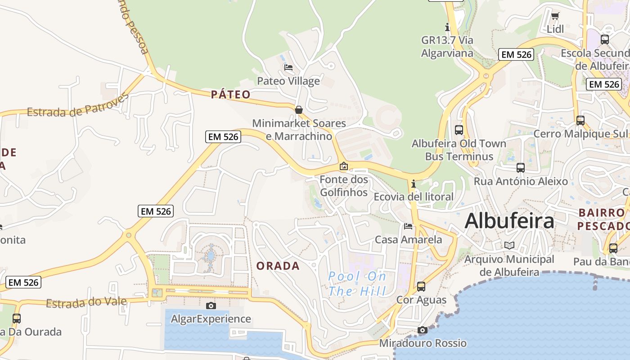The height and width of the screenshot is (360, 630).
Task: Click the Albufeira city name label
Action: (x=509, y=221)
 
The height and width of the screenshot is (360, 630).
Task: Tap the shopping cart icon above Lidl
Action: (x=555, y=16)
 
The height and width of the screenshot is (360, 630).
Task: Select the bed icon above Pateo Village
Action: (x=288, y=67)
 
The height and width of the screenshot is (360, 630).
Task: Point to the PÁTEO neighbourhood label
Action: (x=230, y=94)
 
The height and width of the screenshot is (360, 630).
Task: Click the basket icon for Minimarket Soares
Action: (x=298, y=110)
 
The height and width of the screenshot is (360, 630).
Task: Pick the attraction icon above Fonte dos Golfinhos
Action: (x=344, y=166)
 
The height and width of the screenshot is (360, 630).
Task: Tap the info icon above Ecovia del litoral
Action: (x=414, y=184)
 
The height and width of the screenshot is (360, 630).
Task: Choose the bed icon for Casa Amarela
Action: (x=408, y=226)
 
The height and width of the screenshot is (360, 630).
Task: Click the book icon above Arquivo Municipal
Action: (x=509, y=245)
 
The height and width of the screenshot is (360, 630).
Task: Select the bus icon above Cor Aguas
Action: (x=421, y=286)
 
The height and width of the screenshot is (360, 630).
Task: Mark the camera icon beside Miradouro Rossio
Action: (x=422, y=330)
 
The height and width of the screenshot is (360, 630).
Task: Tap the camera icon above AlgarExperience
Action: (x=211, y=306)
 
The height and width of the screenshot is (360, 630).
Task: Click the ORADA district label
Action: (x=278, y=266)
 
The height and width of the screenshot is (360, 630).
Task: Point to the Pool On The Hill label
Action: (x=357, y=283)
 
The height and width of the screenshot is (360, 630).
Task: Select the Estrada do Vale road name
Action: (x=86, y=303)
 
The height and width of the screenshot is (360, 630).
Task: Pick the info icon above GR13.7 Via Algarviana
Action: (x=447, y=27)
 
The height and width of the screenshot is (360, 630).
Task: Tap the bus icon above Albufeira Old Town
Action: (x=459, y=130)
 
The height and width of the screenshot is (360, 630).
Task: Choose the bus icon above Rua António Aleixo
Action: (x=521, y=168)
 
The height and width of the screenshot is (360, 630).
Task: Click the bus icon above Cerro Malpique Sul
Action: (x=580, y=120)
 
